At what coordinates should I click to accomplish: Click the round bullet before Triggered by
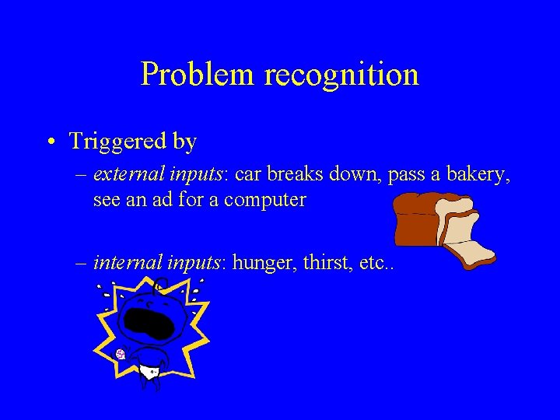click(49, 142)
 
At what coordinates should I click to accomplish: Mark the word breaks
click(297, 174)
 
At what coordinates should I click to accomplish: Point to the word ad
click(184, 200)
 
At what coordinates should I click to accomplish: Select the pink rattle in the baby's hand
click(121, 354)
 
